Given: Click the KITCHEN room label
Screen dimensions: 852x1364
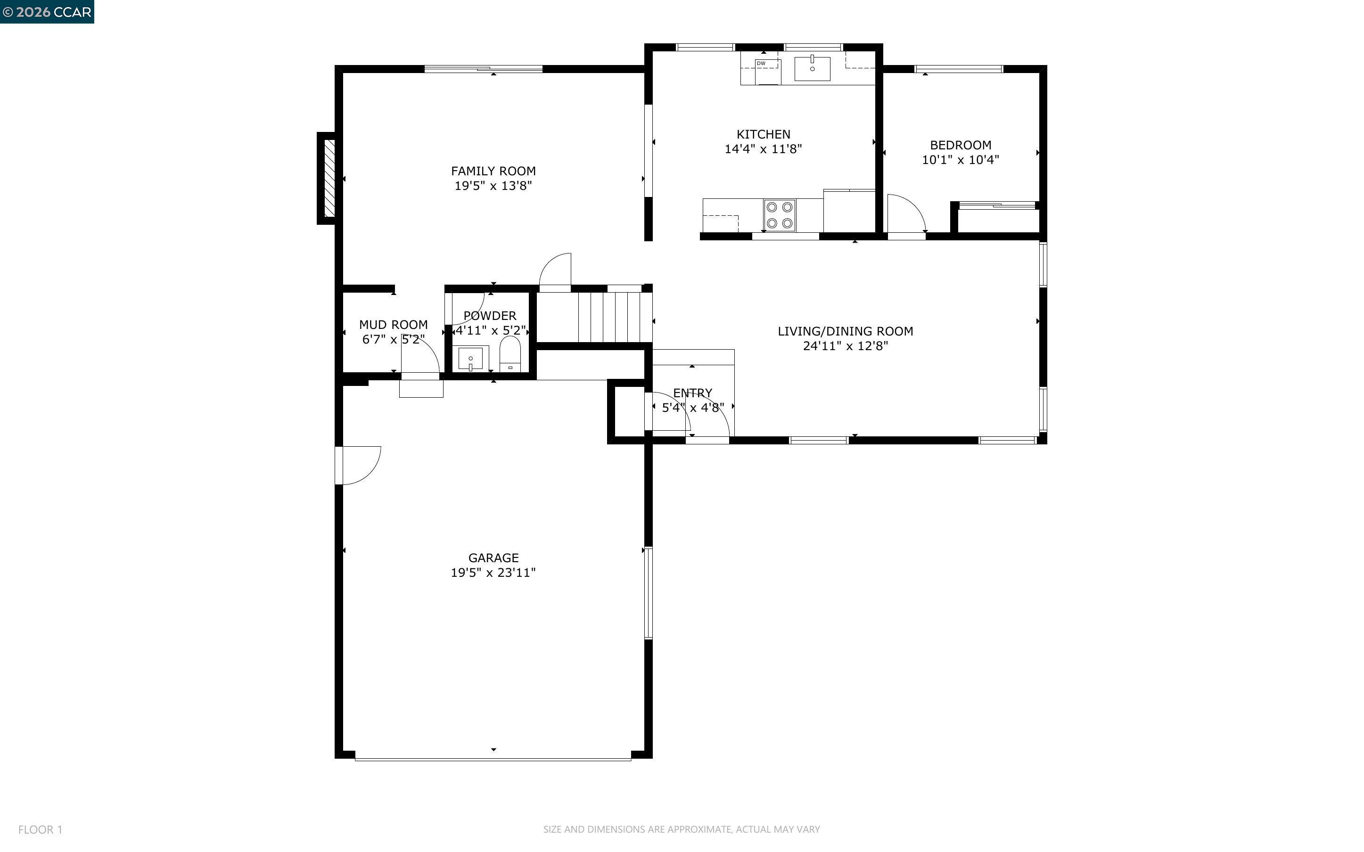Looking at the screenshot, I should pyautogui.click(x=763, y=134).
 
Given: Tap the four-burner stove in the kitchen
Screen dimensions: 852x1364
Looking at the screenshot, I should pyautogui.click(x=779, y=215).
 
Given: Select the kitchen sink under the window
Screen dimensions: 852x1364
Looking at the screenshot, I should pyautogui.click(x=812, y=69).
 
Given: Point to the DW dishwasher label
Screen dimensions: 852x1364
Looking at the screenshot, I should pyautogui.click(x=761, y=64).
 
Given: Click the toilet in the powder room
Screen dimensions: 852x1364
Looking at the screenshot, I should pyautogui.click(x=510, y=354).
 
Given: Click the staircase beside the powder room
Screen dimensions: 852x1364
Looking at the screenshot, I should pyautogui.click(x=614, y=317).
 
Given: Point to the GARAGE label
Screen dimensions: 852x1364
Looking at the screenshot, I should pyautogui.click(x=493, y=558).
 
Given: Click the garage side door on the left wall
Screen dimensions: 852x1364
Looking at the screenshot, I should pyautogui.click(x=358, y=466).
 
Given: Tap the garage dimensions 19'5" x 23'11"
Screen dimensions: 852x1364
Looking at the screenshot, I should pyautogui.click(x=493, y=573).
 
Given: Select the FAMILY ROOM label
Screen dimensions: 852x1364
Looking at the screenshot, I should pyautogui.click(x=493, y=171).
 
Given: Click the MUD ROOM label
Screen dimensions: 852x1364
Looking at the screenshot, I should pyautogui.click(x=393, y=325).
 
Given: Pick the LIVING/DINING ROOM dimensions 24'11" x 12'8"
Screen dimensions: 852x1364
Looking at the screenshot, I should pyautogui.click(x=845, y=346).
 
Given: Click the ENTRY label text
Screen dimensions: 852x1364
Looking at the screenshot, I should pyautogui.click(x=692, y=393).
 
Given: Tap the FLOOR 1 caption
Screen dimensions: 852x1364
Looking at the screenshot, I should pyautogui.click(x=40, y=829).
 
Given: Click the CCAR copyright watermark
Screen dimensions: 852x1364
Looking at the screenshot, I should pyautogui.click(x=47, y=12).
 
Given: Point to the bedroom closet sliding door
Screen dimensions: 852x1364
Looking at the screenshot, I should pyautogui.click(x=997, y=205).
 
